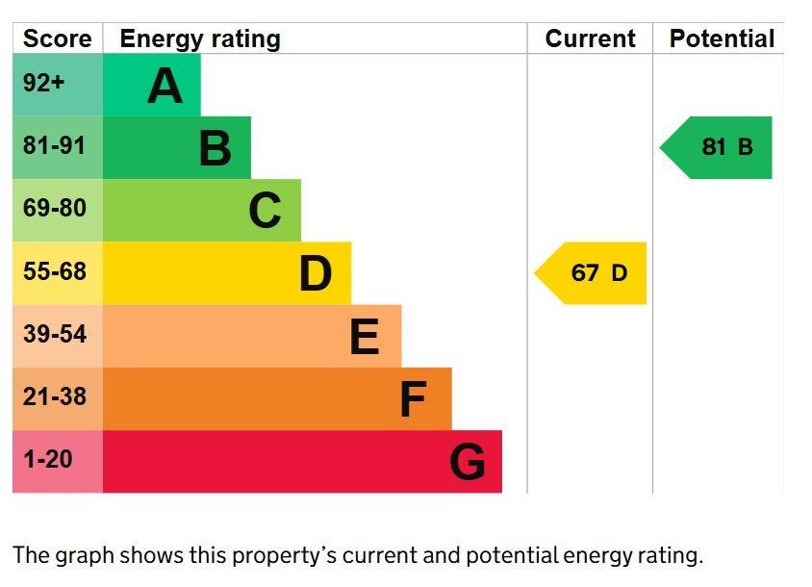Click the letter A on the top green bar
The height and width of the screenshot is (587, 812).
pyautogui.click(x=165, y=86)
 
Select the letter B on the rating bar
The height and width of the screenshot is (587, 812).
pyautogui.click(x=216, y=148)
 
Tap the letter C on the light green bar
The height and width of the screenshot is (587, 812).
pyautogui.click(x=265, y=211)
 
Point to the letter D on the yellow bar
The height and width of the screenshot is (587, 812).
pyautogui.click(x=316, y=273)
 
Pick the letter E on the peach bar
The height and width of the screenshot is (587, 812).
pyautogui.click(x=365, y=336)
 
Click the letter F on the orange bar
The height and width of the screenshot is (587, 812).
pyautogui.click(x=414, y=399)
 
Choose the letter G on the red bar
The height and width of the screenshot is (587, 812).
pyautogui.click(x=468, y=462)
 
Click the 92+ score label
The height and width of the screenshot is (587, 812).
pyautogui.click(x=44, y=83)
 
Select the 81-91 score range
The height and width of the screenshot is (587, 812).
pyautogui.click(x=54, y=145)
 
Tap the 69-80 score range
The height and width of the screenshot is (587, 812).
pyautogui.click(x=55, y=208)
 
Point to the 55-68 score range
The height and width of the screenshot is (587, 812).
pyautogui.click(x=55, y=271)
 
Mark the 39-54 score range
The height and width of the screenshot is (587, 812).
pyautogui.click(x=55, y=334)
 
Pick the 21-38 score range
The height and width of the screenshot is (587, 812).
pyautogui.click(x=55, y=396)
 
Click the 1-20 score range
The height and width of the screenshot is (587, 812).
pyautogui.click(x=48, y=460)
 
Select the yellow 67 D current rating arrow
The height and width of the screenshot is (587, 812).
pyautogui.click(x=591, y=273)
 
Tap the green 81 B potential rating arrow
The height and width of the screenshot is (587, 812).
pyautogui.click(x=716, y=147)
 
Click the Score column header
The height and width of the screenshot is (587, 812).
pyautogui.click(x=58, y=38)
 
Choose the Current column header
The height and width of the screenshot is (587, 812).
pyautogui.click(x=591, y=38)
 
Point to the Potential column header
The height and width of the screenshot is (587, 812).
pyautogui.click(x=722, y=38)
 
